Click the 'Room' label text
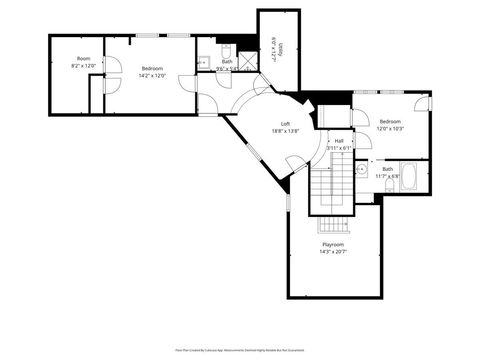(84, 59)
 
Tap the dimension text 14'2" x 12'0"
(153, 75)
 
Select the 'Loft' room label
(285, 123)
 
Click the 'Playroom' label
(333, 244)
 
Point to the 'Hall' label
(339, 141)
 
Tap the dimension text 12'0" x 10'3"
(389, 128)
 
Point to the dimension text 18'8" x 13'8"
(285, 131)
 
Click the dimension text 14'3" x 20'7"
(333, 252)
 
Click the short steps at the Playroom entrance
(333, 224)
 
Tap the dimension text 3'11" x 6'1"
(339, 148)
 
